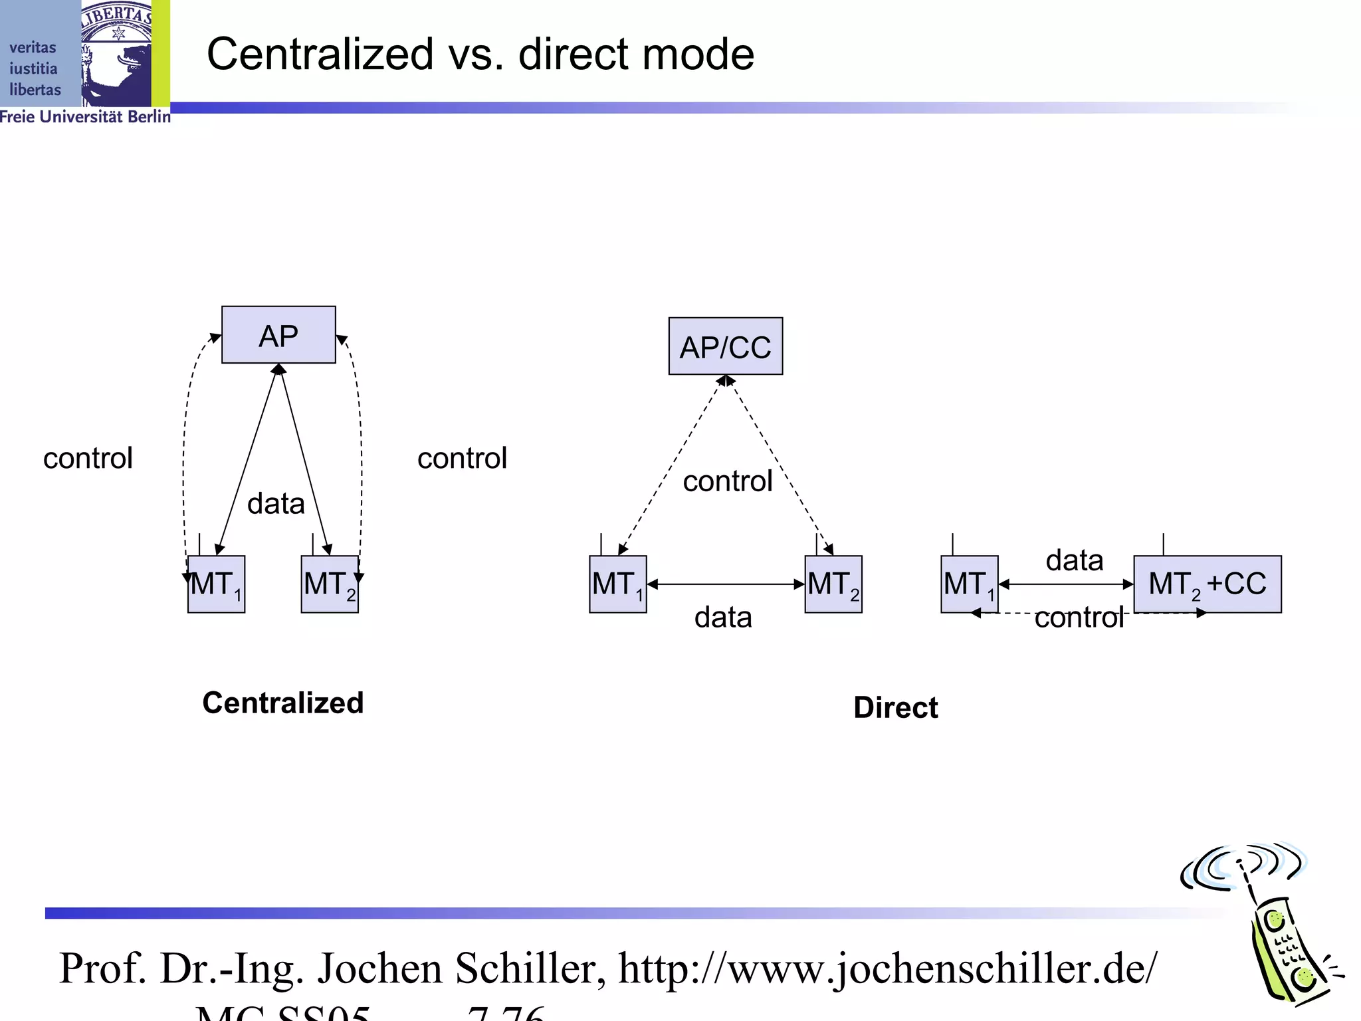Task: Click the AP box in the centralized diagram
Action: tap(278, 335)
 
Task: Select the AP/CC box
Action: tap(725, 346)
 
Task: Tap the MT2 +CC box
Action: tap(1207, 584)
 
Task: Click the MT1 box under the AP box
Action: tap(216, 584)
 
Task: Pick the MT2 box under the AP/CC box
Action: tap(833, 584)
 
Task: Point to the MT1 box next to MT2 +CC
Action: tap(969, 584)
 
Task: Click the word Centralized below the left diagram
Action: tap(283, 703)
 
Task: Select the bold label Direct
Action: tap(895, 707)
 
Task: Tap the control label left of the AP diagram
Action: tap(88, 458)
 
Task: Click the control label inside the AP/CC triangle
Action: tap(728, 481)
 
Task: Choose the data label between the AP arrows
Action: tap(276, 503)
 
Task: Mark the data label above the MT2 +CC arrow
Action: tap(1074, 560)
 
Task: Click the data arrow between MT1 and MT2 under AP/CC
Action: tap(725, 584)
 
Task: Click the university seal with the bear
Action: tap(117, 53)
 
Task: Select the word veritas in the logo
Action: tap(33, 47)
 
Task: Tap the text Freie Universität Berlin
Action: tap(85, 117)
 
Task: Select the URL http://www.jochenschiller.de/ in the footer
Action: tap(888, 968)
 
